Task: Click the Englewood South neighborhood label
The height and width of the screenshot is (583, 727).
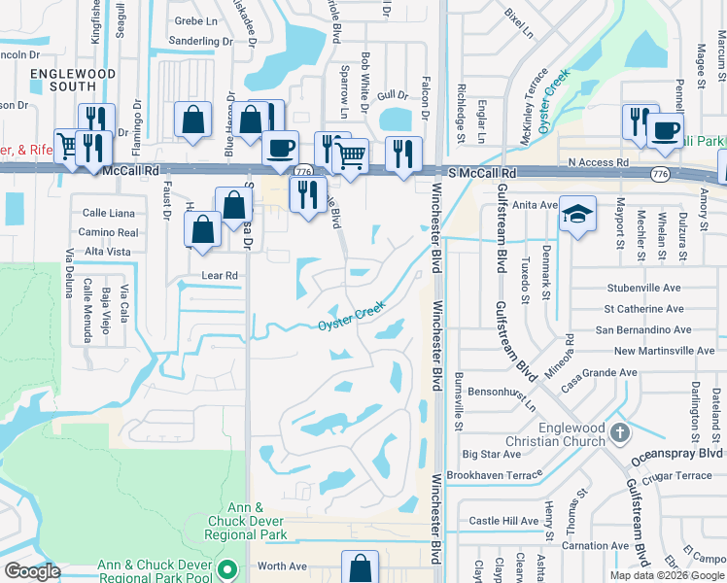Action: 73,80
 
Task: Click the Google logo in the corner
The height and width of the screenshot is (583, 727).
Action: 32,571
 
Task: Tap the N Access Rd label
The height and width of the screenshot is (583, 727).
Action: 599,162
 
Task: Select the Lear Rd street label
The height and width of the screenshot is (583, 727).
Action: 219,275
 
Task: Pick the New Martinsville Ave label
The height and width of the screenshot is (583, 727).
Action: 664,351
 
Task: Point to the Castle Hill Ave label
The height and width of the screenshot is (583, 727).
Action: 502,521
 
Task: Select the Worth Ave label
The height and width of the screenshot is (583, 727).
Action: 281,566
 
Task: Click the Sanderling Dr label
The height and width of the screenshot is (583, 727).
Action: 200,41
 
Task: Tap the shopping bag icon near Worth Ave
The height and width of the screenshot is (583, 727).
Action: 360,567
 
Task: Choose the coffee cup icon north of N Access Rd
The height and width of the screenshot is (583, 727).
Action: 666,131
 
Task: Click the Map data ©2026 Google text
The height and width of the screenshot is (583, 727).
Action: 667,574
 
